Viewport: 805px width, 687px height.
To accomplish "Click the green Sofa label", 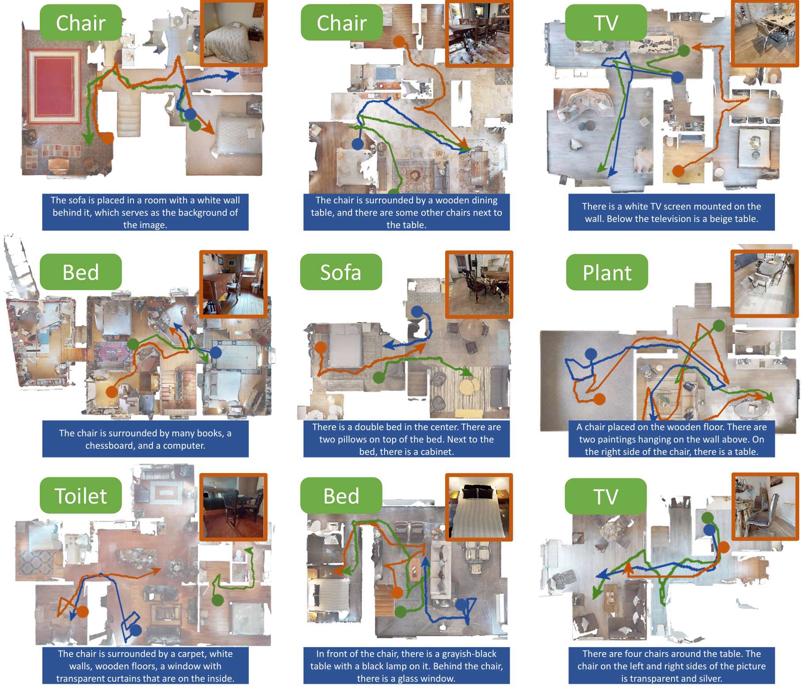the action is tap(340, 272).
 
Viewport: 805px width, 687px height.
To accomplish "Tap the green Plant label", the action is tap(607, 272).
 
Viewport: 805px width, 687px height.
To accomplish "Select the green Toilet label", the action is tap(80, 496).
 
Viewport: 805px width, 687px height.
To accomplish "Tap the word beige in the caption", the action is tap(722, 219).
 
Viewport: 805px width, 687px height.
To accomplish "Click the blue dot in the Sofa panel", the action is tap(416, 311).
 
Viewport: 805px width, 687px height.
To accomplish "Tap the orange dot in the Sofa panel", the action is tap(320, 347).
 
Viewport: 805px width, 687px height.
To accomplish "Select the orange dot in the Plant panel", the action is tap(599, 399).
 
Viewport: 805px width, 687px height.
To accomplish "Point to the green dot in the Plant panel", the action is tap(719, 326).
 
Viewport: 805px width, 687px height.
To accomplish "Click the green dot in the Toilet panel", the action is tap(217, 600).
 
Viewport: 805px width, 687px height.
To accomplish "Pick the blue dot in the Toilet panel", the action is tap(136, 630).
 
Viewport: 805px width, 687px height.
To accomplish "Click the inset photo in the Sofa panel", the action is tap(479, 284).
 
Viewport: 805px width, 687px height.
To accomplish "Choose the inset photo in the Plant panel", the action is tap(764, 283).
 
